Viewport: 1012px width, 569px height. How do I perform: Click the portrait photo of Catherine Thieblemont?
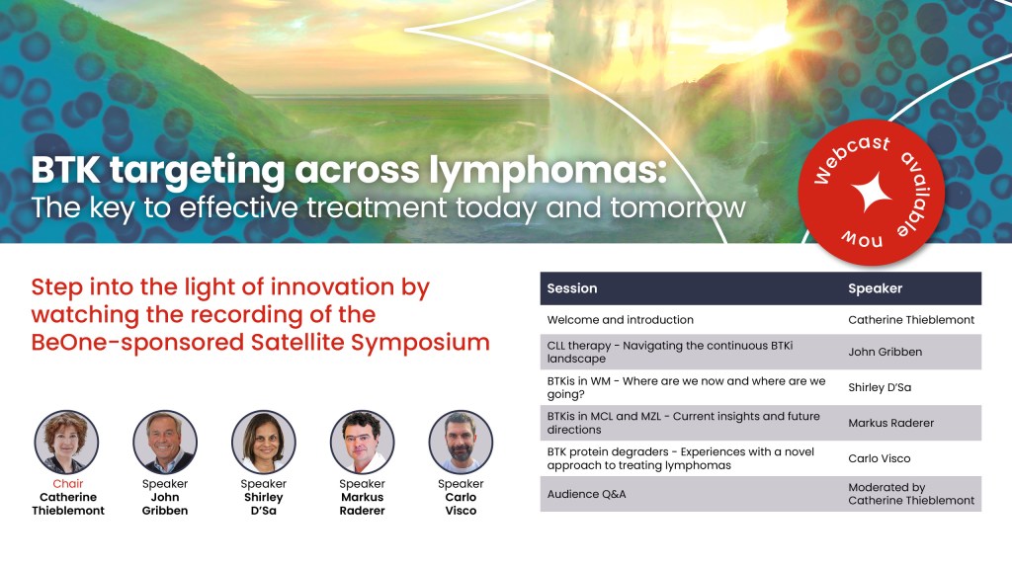(x=66, y=442)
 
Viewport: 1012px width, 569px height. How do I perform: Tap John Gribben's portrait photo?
(x=165, y=442)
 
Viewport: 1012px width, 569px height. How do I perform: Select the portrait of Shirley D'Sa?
(x=264, y=442)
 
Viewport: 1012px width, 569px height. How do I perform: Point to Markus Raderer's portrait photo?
(x=362, y=442)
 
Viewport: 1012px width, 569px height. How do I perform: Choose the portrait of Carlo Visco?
(x=461, y=442)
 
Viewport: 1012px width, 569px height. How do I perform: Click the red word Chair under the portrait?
(x=68, y=484)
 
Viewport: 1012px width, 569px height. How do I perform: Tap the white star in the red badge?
(x=872, y=193)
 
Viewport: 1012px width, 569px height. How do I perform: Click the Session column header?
(x=572, y=288)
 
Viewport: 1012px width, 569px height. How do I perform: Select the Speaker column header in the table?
(x=876, y=288)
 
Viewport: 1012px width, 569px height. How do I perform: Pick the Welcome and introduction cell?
(x=621, y=319)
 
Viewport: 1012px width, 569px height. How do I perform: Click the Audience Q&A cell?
(x=587, y=494)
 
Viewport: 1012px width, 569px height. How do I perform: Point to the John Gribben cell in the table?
(x=885, y=352)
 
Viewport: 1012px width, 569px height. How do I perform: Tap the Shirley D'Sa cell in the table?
(x=880, y=387)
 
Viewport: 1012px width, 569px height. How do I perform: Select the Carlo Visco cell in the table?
(x=879, y=458)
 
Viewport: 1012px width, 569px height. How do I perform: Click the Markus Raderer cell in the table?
(x=890, y=423)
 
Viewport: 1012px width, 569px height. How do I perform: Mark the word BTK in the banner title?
(x=66, y=170)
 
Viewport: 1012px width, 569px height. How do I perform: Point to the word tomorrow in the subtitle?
(x=678, y=207)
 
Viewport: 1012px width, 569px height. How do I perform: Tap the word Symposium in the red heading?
(x=420, y=343)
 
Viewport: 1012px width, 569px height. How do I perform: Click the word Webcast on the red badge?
(x=851, y=159)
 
